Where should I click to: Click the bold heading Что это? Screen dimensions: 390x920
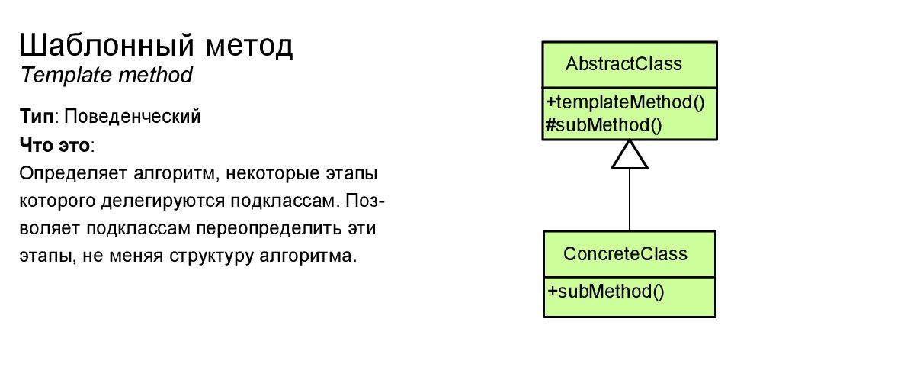tap(54, 145)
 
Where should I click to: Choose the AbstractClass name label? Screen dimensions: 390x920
tap(623, 63)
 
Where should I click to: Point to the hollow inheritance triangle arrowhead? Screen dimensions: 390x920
tap(630, 155)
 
